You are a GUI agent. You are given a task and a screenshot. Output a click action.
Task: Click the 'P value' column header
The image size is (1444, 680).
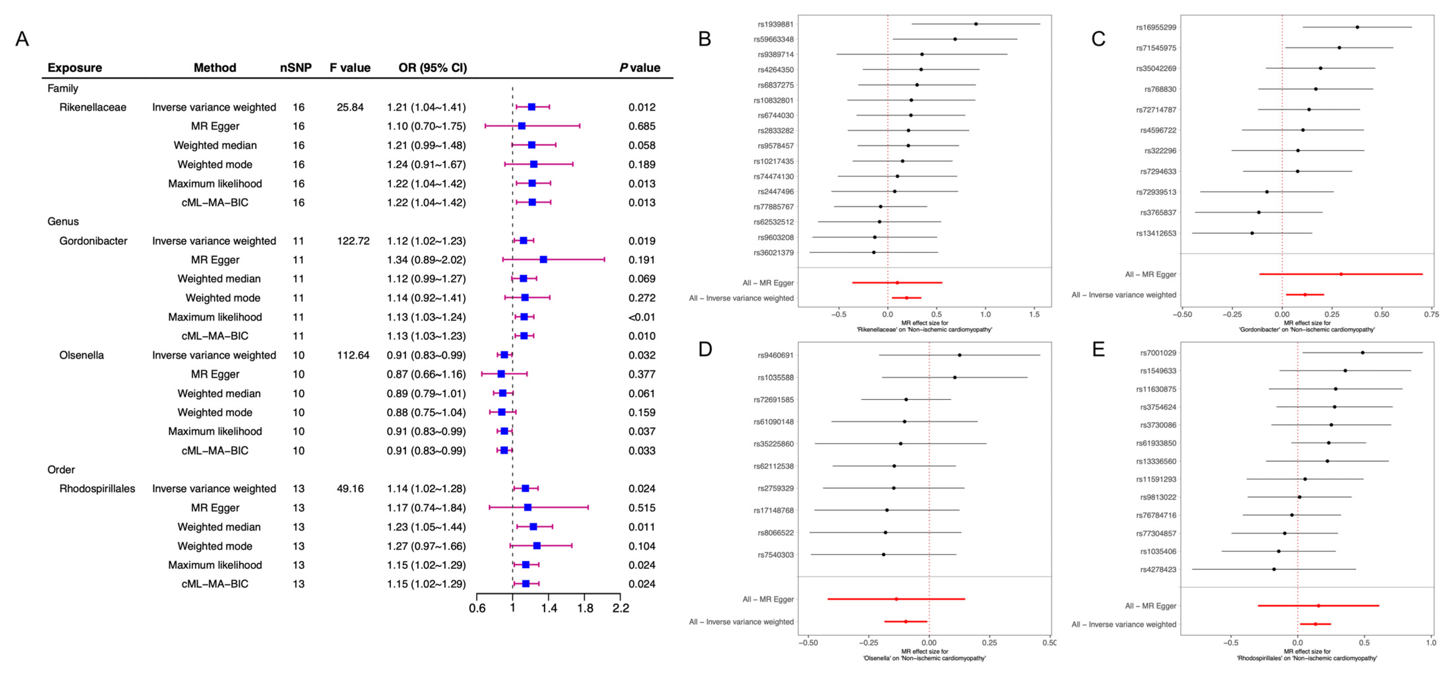point(640,68)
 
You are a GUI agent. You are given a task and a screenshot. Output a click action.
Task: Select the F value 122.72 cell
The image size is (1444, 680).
point(353,241)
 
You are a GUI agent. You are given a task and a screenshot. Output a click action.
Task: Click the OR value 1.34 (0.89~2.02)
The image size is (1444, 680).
point(426,260)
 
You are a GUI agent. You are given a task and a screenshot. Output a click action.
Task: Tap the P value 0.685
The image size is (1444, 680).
point(642,126)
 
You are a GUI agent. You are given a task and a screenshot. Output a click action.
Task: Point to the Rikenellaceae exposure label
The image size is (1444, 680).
point(92,107)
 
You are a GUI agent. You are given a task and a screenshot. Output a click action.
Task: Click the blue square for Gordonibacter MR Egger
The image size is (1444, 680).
point(543,260)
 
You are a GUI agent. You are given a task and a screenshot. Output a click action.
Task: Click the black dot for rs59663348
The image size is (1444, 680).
point(955,39)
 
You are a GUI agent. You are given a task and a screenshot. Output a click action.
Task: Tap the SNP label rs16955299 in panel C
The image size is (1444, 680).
point(1156,27)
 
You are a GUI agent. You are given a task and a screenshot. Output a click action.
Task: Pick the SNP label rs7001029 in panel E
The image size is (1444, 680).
point(1158,353)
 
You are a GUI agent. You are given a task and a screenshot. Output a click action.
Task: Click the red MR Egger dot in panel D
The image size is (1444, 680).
point(896,599)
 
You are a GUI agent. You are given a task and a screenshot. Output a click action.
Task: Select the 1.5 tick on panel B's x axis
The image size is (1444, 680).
point(1034,314)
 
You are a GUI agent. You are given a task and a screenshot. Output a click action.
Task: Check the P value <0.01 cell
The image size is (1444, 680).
point(642,317)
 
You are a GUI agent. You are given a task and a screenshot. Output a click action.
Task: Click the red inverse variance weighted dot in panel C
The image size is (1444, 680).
point(1305,295)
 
